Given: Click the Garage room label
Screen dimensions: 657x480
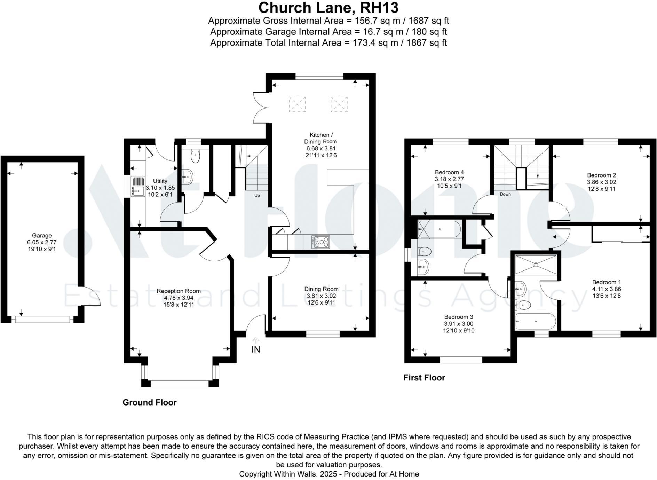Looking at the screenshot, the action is (42, 236).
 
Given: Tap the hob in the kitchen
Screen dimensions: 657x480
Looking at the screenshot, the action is (320, 242).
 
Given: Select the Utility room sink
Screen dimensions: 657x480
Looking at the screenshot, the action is (138, 186).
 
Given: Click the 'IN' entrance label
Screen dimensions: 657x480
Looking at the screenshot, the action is (256, 349).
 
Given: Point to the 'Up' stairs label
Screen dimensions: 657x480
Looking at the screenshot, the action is (257, 195).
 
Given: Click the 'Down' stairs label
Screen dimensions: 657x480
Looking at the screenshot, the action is (505, 194).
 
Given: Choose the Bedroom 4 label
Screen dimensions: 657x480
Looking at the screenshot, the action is (449, 172).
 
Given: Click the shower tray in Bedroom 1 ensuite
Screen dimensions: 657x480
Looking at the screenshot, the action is (536, 265).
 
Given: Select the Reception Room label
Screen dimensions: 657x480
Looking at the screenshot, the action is (179, 291).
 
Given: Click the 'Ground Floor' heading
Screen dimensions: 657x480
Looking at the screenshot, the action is (150, 402).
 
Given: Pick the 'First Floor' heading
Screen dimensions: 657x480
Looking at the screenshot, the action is (424, 378).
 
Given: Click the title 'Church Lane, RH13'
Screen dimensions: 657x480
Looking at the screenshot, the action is (328, 7).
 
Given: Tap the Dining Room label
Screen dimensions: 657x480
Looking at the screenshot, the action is (321, 289).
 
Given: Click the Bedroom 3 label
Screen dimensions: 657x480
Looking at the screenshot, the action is (458, 317).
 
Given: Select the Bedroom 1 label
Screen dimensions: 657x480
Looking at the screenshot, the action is (607, 282).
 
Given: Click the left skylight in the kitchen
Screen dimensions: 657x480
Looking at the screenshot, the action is (297, 104).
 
